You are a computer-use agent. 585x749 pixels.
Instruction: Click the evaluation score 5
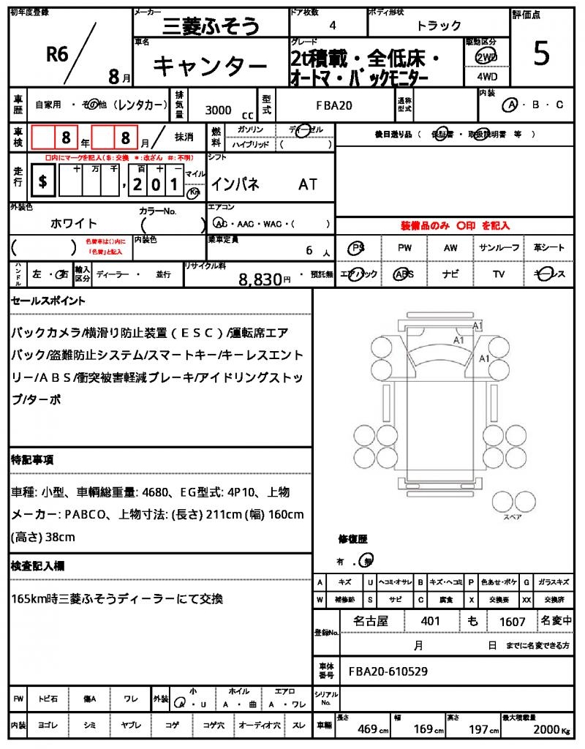[541, 55]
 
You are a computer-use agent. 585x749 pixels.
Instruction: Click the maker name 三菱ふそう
[211, 27]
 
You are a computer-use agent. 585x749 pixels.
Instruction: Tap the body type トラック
[439, 26]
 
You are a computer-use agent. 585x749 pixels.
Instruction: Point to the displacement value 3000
[218, 110]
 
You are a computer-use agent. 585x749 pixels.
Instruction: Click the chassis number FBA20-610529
[388, 671]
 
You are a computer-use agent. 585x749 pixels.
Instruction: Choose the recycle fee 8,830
[260, 279]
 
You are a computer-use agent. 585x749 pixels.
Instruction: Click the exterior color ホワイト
[74, 223]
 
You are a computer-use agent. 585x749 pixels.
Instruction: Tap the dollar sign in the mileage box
[43, 182]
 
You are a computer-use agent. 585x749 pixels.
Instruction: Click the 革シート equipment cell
[549, 248]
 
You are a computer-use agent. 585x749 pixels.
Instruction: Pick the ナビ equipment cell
[450, 274]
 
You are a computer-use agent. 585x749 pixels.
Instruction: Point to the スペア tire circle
[506, 502]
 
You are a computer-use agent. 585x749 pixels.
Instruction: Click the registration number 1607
[513, 622]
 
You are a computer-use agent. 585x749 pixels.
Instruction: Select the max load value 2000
[546, 729]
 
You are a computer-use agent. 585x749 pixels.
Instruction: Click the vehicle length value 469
[367, 729]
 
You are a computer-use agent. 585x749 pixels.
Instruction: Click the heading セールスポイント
[48, 301]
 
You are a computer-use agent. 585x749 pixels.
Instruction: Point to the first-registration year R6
[56, 53]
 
